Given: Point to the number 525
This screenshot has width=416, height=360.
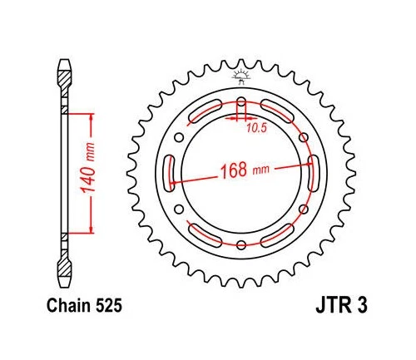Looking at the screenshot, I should (x=110, y=306).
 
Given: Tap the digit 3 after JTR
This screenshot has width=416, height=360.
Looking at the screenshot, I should (x=353, y=306).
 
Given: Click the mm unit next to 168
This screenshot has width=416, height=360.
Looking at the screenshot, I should (x=261, y=172).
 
